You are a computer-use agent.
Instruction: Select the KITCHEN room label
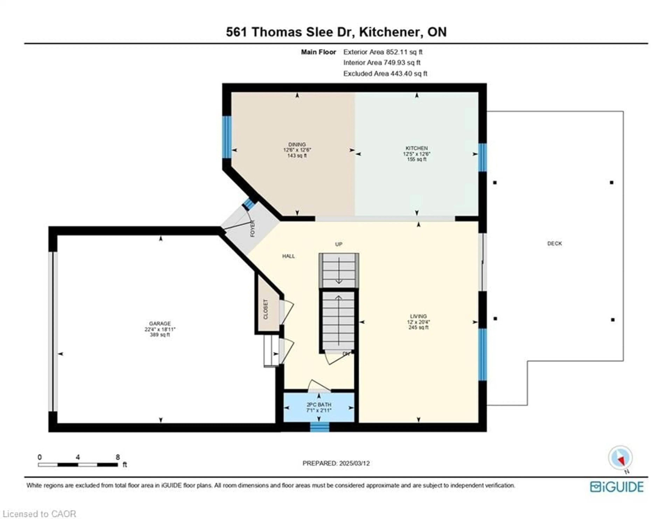tap(417, 148)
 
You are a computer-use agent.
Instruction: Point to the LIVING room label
tap(418, 316)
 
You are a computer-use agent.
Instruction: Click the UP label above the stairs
tap(338, 244)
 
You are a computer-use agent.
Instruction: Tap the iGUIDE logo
tap(617, 487)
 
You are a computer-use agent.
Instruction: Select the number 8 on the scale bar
tap(118, 457)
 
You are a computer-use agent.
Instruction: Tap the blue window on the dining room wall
tap(227, 137)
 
